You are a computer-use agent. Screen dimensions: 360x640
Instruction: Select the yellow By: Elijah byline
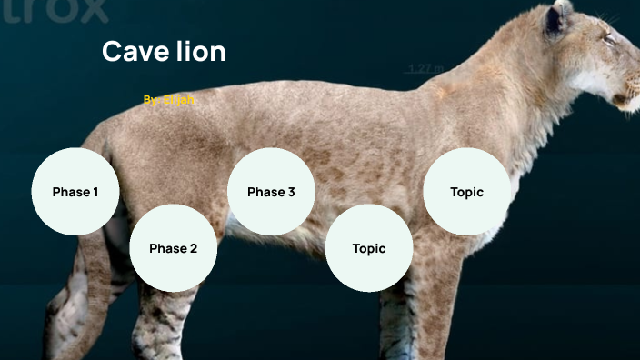169,99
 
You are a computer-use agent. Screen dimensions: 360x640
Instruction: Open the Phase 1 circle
75,192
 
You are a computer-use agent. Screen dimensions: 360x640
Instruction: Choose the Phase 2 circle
173,248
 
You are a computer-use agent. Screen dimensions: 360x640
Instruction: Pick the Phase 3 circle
271,192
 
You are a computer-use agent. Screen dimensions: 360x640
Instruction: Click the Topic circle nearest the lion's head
466,192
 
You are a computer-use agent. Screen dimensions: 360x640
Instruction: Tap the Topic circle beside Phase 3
369,248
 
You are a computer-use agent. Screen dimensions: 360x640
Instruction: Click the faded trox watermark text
55,11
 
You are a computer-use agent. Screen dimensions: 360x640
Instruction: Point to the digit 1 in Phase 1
94,192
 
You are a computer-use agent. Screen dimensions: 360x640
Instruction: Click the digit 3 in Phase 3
290,192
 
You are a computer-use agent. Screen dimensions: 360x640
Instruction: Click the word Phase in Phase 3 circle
265,192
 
